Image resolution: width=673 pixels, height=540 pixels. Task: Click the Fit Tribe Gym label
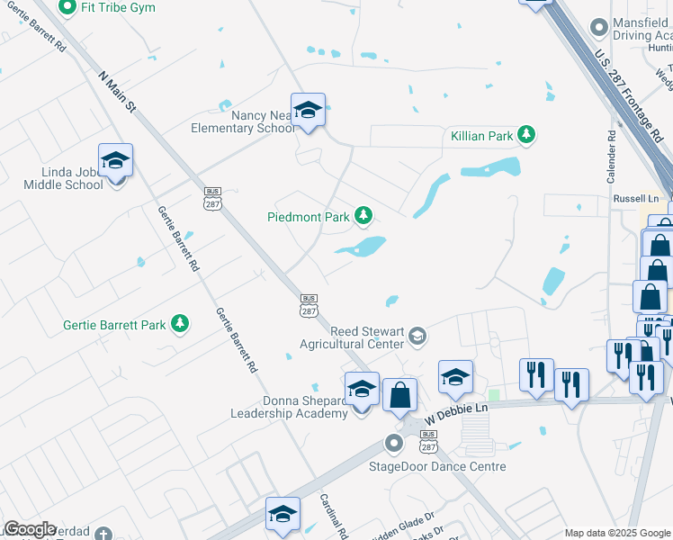(117, 7)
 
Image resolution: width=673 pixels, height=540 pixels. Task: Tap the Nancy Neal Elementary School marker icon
(308, 111)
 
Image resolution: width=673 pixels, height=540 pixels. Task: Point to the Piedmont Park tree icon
(363, 215)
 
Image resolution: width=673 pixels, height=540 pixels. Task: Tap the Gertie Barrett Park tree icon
(180, 324)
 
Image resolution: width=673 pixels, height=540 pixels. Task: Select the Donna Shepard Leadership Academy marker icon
(362, 390)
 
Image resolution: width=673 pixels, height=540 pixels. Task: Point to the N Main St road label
(117, 92)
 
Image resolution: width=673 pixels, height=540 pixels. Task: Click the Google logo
(29, 529)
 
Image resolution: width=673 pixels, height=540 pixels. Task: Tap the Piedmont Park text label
(309, 217)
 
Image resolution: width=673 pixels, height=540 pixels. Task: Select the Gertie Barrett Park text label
(114, 325)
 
